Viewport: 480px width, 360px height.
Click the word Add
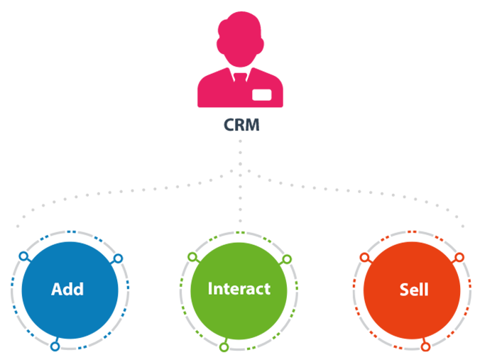click(67, 289)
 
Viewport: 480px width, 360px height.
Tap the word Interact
click(239, 289)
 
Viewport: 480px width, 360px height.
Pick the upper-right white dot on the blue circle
click(118, 258)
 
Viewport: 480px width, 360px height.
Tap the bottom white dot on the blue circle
click(55, 347)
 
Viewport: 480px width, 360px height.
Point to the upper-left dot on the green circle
click(192, 256)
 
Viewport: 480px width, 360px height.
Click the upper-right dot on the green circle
click(288, 259)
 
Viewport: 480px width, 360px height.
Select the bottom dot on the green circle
click(224, 347)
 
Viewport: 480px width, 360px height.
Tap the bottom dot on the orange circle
click(425, 347)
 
